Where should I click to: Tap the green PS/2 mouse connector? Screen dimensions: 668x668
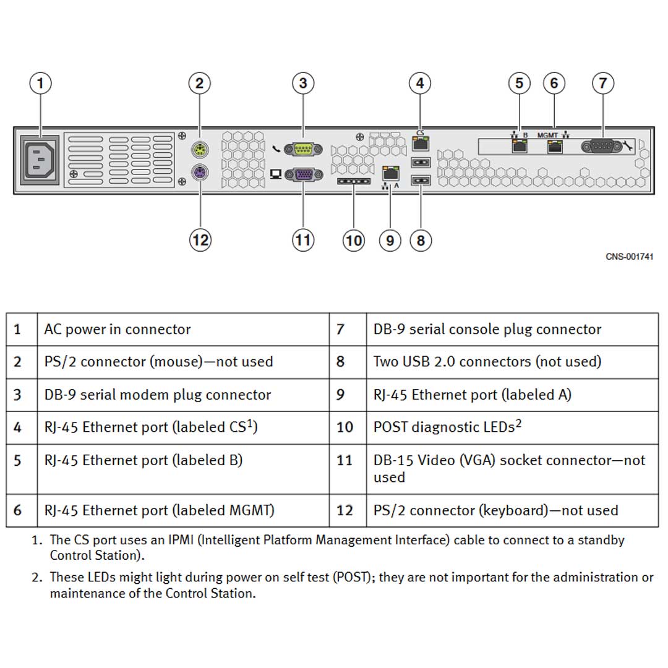(x=199, y=149)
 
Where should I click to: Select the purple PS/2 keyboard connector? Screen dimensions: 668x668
(x=199, y=173)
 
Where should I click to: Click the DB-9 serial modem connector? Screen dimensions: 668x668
(x=302, y=148)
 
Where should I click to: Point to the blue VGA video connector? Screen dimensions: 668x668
(x=302, y=174)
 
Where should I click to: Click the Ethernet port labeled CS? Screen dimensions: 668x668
(x=420, y=144)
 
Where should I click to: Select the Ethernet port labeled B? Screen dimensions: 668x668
(x=518, y=147)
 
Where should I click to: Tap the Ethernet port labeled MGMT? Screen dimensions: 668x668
(x=554, y=147)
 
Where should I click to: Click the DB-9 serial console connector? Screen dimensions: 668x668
(x=602, y=147)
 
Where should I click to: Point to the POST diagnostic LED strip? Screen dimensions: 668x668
(x=353, y=183)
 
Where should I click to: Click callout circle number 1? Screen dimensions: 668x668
(x=41, y=83)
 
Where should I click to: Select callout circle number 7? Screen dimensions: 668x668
(x=602, y=83)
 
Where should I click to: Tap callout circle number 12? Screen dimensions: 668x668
(x=200, y=239)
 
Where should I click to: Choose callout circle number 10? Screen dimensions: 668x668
(x=353, y=240)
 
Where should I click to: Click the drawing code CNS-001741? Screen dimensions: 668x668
(x=629, y=257)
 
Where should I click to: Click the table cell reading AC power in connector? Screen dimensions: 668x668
(x=118, y=329)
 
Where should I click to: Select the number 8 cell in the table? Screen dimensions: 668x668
(x=341, y=362)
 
